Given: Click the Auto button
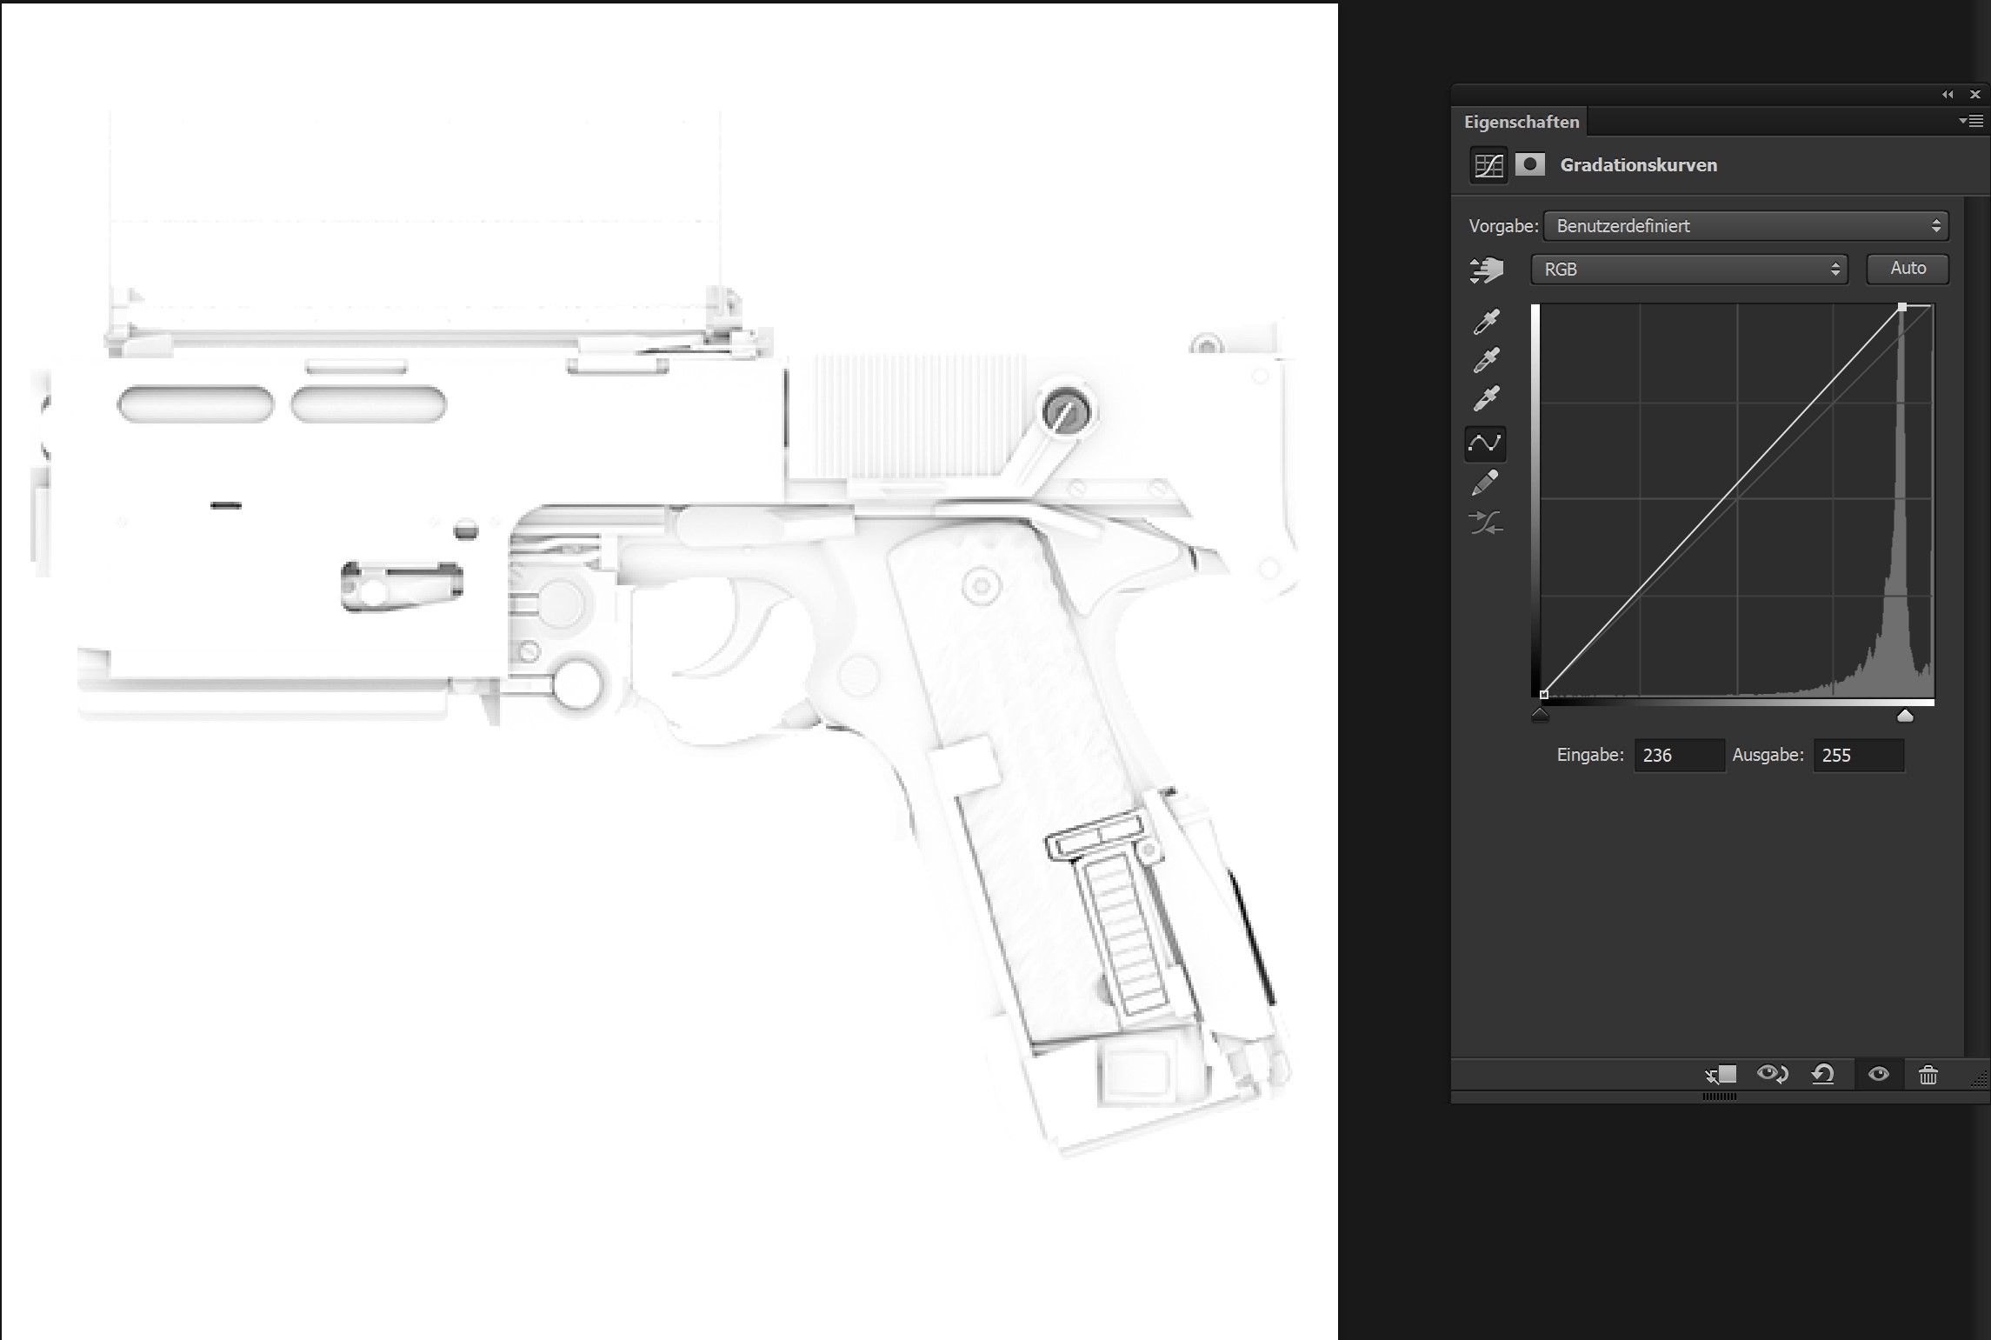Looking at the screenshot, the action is click(1908, 269).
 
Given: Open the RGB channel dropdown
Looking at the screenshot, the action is click(1688, 270).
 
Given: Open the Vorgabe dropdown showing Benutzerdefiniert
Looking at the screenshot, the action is click(1746, 226).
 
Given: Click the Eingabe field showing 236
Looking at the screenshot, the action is click(1679, 755).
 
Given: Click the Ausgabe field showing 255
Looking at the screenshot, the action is click(1858, 755).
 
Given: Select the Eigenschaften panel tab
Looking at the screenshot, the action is click(1521, 122).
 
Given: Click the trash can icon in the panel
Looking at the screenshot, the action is click(1928, 1075).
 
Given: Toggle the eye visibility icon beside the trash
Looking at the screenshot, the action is click(1878, 1074).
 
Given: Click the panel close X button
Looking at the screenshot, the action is click(1974, 94).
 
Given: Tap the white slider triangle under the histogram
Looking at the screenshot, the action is click(1904, 716).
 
